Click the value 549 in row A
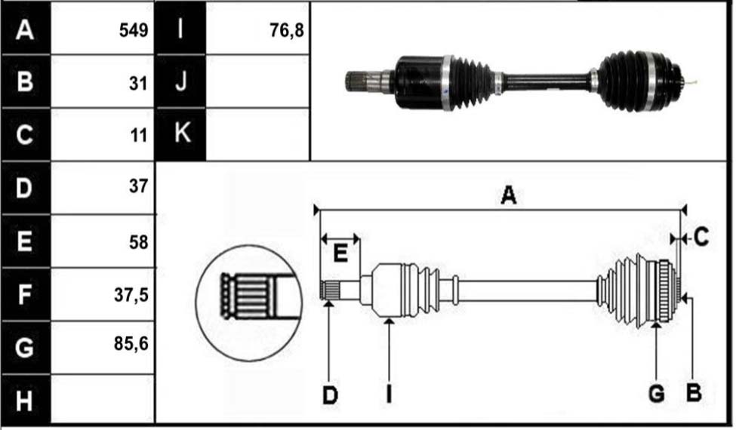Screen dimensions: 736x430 point(134,30)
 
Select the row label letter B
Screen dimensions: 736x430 point(24,81)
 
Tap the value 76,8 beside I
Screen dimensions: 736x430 point(286,30)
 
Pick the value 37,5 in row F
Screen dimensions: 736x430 point(131,295)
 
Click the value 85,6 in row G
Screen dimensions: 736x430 point(131,344)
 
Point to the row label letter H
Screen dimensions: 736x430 point(24,401)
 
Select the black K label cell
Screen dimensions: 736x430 point(180,134)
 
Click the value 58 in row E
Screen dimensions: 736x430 point(138,242)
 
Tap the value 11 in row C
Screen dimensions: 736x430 point(139,136)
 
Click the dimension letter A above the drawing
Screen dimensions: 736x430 point(508,195)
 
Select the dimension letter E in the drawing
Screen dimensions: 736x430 point(340,253)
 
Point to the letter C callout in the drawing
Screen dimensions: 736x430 point(701,238)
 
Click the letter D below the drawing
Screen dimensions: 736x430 point(330,395)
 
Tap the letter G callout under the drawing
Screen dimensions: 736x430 point(656,394)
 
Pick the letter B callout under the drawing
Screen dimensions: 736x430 point(694,392)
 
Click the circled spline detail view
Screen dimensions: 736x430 point(249,303)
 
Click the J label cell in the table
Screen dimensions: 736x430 point(180,81)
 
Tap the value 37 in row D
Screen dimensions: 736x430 point(138,186)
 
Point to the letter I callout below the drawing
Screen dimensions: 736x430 point(389,394)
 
